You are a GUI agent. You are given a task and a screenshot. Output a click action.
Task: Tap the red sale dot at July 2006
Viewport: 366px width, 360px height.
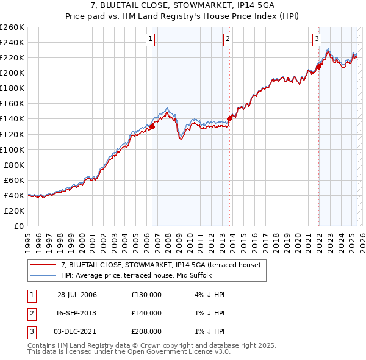pos(152,127)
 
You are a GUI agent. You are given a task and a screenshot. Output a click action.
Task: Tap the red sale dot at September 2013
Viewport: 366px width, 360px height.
pos(230,118)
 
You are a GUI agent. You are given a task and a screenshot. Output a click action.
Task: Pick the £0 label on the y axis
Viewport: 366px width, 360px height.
pos(20,226)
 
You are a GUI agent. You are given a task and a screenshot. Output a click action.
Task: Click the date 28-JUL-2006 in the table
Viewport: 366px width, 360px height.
pos(77,294)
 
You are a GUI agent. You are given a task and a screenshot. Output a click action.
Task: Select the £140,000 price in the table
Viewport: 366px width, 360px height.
pos(146,312)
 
